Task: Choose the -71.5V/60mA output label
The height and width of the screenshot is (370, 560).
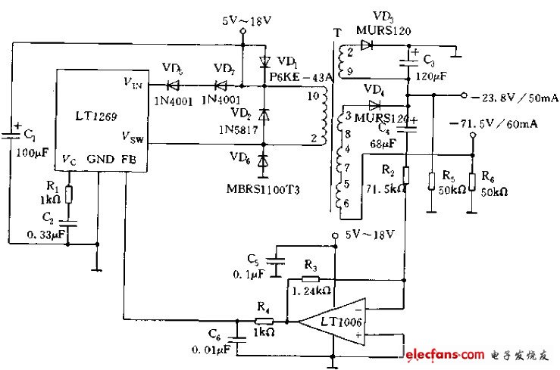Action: point(492,124)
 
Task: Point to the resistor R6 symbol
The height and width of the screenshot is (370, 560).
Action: point(471,181)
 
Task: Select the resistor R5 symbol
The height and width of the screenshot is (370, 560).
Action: point(430,181)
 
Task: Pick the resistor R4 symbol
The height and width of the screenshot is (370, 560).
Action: point(264,320)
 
